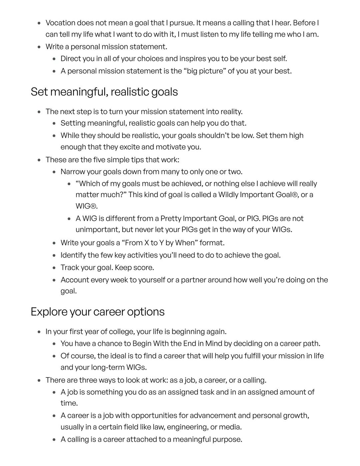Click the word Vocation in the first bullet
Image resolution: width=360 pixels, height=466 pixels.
pos(60,23)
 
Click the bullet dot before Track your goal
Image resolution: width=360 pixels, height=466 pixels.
pos(54,268)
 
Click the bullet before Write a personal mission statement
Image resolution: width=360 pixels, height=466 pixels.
pos(39,47)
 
